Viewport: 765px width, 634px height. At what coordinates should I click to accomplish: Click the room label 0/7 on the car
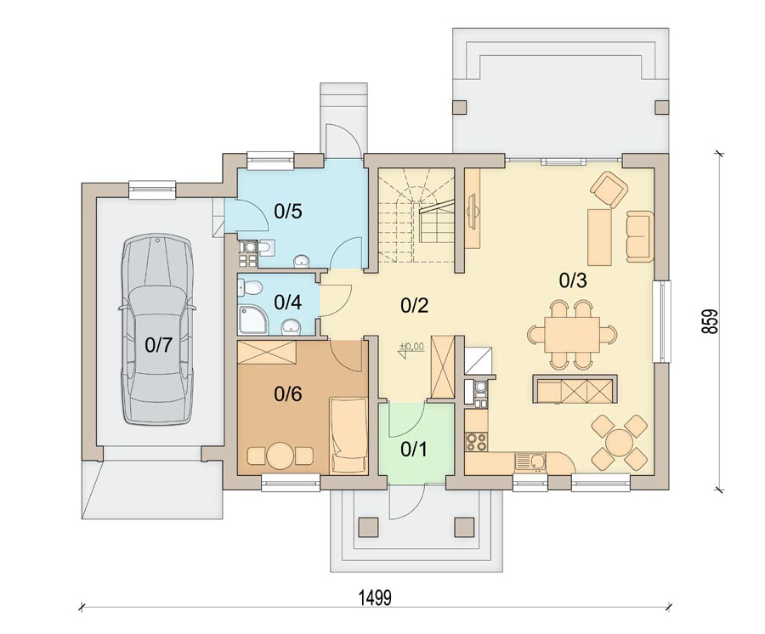click(159, 345)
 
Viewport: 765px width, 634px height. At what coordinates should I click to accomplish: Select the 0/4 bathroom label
click(288, 303)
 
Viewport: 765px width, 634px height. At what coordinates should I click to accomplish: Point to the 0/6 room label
click(288, 393)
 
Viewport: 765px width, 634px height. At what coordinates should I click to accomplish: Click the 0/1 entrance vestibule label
click(414, 450)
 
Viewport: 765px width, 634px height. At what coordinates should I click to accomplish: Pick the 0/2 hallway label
click(414, 305)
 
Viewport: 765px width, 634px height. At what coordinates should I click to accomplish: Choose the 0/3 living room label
click(573, 280)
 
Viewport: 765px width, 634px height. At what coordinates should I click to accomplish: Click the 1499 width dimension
click(375, 597)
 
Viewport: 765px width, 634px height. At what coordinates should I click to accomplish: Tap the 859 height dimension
click(711, 321)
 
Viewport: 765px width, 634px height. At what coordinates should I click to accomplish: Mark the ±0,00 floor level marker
click(412, 347)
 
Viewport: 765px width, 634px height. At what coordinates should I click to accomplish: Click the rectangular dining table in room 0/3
click(572, 335)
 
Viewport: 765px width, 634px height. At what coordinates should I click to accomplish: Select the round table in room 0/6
click(280, 456)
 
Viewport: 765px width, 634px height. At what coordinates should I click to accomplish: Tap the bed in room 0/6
click(348, 435)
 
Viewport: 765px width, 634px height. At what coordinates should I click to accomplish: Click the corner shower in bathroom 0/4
click(252, 320)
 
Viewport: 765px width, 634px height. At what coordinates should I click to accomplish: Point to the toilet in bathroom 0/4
click(250, 288)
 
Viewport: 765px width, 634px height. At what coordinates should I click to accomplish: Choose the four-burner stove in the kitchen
click(476, 441)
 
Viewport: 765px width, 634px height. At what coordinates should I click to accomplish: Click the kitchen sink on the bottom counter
click(530, 461)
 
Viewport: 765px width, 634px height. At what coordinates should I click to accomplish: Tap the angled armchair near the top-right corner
click(609, 189)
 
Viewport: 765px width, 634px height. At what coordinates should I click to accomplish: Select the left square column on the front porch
click(368, 526)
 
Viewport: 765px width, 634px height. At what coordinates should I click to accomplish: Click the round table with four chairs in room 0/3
click(620, 442)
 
